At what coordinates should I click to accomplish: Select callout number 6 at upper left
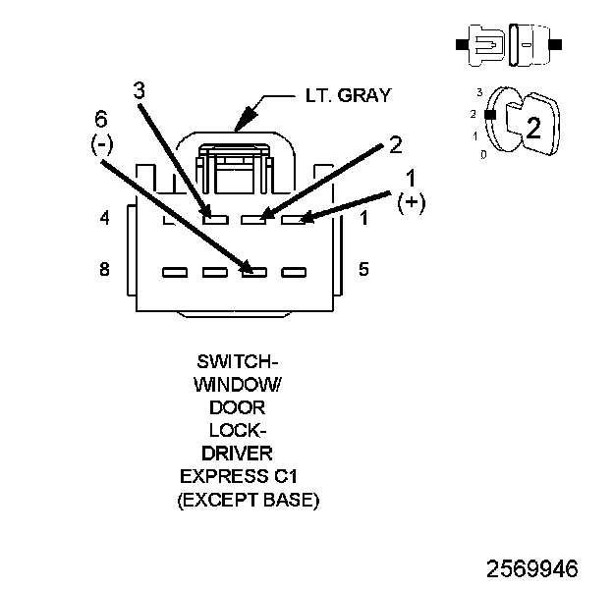tap(101, 120)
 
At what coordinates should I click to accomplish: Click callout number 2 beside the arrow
tap(395, 144)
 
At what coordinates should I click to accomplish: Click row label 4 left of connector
tap(104, 219)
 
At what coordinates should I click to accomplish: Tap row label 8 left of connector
tap(104, 269)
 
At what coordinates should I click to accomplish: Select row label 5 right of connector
tap(363, 269)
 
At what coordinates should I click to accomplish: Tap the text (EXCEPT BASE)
tap(249, 500)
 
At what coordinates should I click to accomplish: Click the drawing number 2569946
tap(531, 568)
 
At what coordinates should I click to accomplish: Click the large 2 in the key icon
tap(533, 128)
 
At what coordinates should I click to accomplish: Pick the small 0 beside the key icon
tap(480, 154)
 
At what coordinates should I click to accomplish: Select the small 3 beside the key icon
tap(479, 91)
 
